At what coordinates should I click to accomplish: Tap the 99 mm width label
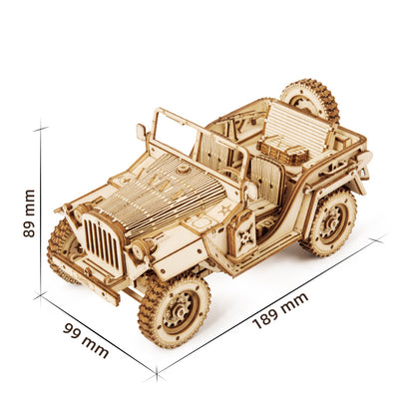[85, 340]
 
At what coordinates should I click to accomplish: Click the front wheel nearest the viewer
[175, 308]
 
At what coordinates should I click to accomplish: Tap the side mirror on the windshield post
[142, 133]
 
